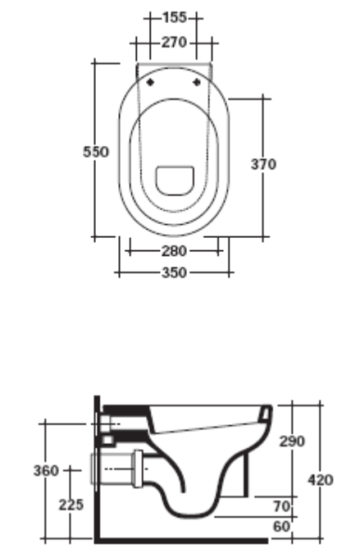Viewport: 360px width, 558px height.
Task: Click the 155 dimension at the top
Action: tap(174, 17)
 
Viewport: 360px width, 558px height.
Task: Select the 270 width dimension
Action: tap(174, 42)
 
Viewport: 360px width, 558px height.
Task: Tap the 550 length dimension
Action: tap(96, 152)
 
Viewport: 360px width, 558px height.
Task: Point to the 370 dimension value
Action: tap(264, 164)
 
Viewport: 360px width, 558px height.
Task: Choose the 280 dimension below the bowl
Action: tap(174, 251)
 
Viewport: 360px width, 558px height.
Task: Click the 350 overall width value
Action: tap(174, 272)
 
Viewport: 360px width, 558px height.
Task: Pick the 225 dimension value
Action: tap(71, 505)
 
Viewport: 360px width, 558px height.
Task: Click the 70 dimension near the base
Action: tap(281, 506)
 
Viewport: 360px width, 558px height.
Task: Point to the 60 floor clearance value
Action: tap(281, 526)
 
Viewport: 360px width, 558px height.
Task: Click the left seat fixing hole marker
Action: tap(150, 82)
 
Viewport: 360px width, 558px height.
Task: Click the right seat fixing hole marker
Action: tap(199, 82)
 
